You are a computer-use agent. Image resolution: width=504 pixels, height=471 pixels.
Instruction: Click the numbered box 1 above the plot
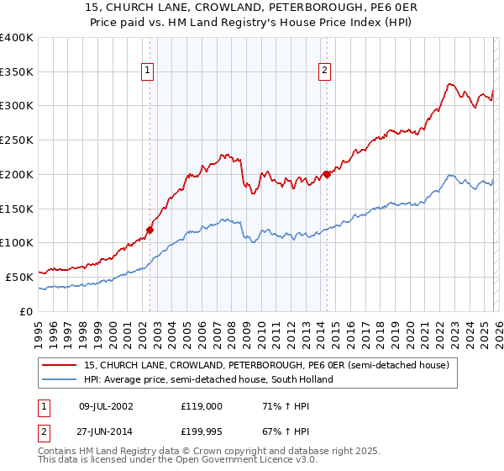[148, 71]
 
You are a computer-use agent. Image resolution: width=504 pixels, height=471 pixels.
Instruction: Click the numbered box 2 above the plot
[324, 71]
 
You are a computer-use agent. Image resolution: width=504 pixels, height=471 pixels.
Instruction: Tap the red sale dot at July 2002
[150, 229]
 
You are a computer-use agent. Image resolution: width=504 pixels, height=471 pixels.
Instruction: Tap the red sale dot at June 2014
[327, 174]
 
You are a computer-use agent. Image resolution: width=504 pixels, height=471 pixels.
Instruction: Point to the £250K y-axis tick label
[17, 140]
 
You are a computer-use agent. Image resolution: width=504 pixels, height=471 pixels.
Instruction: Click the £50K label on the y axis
[19, 276]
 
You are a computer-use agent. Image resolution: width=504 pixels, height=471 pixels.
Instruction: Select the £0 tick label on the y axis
[26, 310]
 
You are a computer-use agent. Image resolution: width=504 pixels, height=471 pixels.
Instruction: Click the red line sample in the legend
[59, 366]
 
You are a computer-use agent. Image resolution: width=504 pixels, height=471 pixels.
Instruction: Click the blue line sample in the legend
[59, 379]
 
